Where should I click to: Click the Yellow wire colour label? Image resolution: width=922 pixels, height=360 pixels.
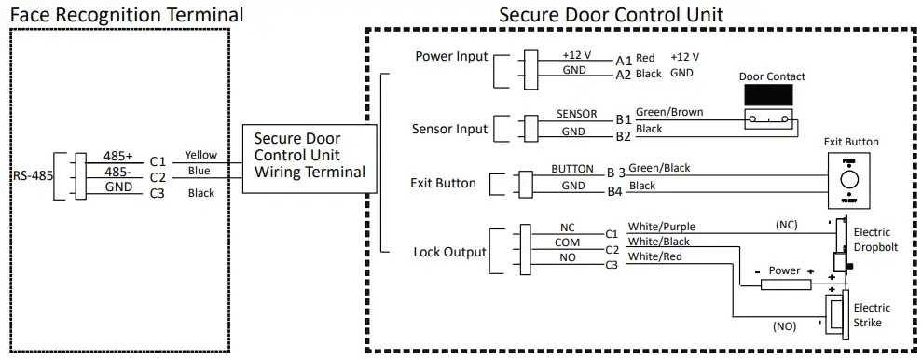[x=200, y=155]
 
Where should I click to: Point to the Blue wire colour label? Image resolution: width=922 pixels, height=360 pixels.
[x=199, y=172]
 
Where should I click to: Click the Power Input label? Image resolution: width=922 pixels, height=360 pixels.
[x=451, y=57]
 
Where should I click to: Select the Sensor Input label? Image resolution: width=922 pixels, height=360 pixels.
[x=449, y=129]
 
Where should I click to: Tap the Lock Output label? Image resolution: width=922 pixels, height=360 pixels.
[x=449, y=252]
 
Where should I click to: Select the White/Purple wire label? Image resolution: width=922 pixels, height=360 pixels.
[x=661, y=227]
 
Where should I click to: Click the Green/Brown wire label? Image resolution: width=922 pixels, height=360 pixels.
[x=668, y=112]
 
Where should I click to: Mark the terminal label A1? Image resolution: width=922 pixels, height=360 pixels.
[x=623, y=59]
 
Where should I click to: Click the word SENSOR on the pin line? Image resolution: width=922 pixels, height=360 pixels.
[x=576, y=114]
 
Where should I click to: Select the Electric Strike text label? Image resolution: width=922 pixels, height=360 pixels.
[x=872, y=315]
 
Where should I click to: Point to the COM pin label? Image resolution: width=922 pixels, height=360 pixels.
[x=567, y=242]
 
